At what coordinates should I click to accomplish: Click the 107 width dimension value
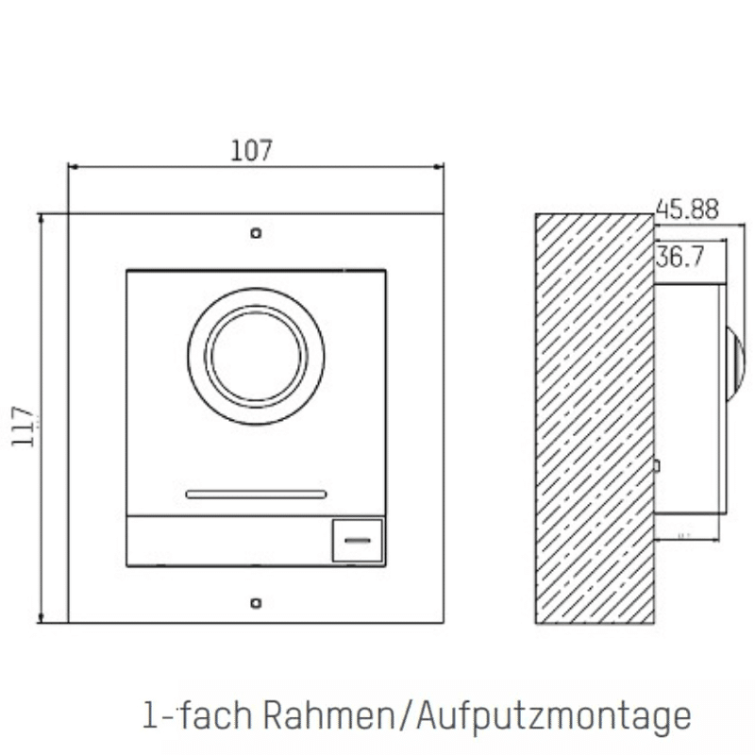coord(251,150)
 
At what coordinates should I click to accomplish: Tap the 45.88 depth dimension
coord(686,210)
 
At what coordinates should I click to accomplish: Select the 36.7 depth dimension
coord(679,257)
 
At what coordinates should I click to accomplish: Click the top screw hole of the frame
coord(256,232)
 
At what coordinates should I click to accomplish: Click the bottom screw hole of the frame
coord(256,601)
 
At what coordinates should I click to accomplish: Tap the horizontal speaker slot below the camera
coord(256,494)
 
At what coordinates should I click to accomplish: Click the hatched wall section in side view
coord(595,415)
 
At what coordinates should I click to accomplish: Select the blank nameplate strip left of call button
coord(227,541)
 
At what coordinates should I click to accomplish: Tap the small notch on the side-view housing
coord(658,464)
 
